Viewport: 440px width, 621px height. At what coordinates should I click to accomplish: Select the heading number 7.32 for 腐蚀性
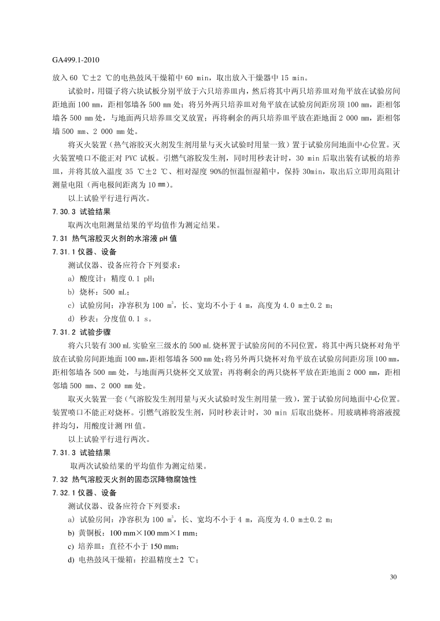pyautogui.click(x=60, y=479)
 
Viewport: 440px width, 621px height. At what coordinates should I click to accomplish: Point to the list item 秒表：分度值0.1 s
pyautogui.click(x=110, y=318)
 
